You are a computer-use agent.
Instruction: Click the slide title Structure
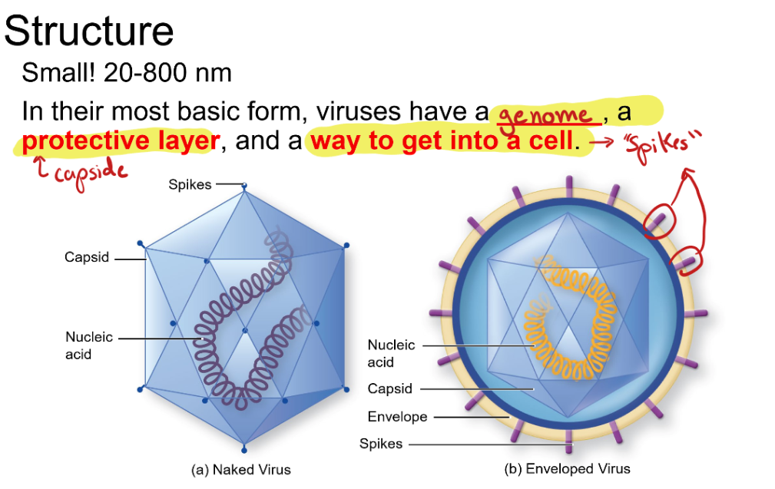[x=89, y=31]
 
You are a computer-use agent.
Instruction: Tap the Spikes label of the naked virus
[x=190, y=184]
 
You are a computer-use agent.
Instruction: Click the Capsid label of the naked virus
[x=86, y=258]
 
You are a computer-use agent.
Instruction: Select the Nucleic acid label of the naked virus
[x=88, y=345]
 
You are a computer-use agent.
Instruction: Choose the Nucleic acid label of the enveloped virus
[x=390, y=353]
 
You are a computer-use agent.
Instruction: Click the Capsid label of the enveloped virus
[x=389, y=388]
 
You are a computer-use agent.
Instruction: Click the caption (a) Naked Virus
[x=240, y=469]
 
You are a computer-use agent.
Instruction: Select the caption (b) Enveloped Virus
[x=567, y=469]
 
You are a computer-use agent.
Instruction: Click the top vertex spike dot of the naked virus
[x=243, y=186]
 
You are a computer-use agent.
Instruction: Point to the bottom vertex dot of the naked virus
[x=243, y=449]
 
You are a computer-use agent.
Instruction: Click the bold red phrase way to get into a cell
[x=442, y=141]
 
